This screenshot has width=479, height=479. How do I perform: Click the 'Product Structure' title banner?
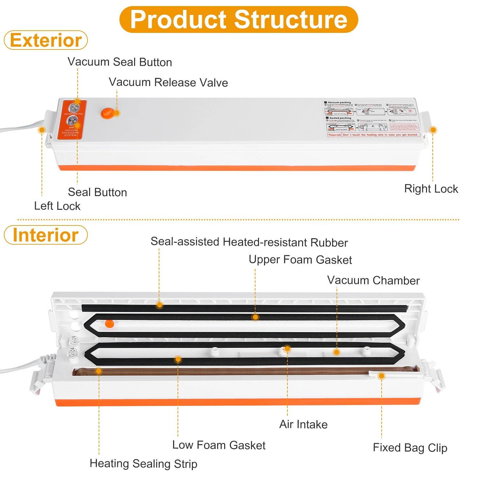[239, 19]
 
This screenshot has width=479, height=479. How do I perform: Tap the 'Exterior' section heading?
[46, 40]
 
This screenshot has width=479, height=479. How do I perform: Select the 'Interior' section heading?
[46, 235]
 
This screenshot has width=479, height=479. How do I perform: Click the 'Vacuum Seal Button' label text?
[120, 62]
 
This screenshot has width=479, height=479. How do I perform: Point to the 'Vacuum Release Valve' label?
[168, 82]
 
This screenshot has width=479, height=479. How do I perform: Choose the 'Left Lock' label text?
[57, 206]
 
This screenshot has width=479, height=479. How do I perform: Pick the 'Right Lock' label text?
[431, 189]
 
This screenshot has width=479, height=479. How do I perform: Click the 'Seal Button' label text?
[97, 192]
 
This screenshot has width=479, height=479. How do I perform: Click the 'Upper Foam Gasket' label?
[300, 260]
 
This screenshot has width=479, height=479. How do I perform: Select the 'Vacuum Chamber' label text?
[373, 280]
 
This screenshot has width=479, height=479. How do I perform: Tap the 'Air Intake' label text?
[303, 424]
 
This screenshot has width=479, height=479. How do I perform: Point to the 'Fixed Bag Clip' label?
[410, 448]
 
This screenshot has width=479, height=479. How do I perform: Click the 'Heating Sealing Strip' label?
[143, 464]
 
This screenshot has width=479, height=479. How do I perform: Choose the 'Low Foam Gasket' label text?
[219, 445]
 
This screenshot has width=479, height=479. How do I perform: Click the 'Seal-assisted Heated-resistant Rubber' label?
[249, 242]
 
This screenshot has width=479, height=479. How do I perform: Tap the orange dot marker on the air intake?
[287, 348]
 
